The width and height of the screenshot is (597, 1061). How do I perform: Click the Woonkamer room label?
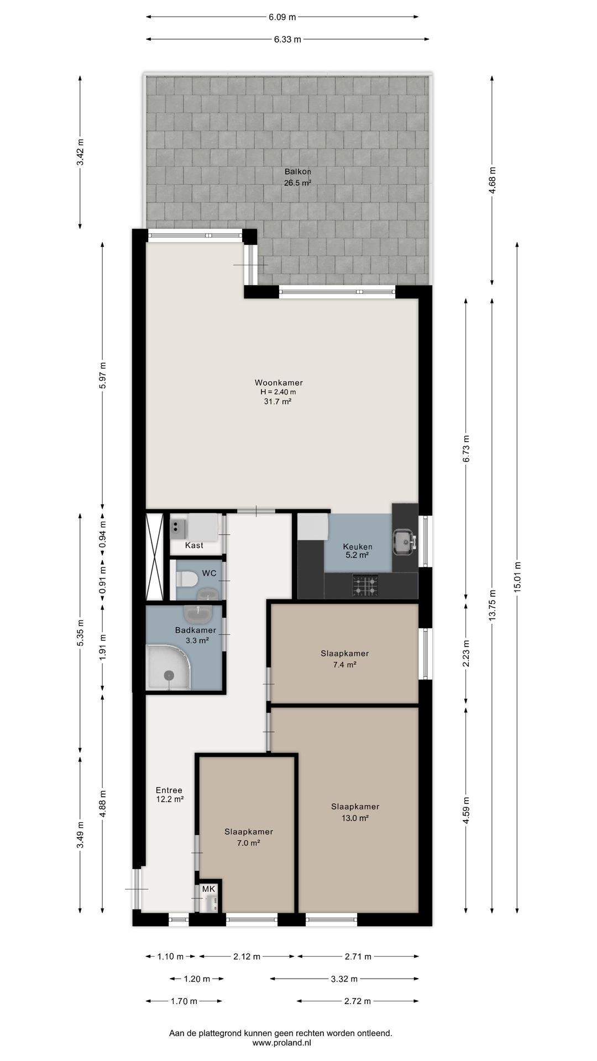(x=279, y=382)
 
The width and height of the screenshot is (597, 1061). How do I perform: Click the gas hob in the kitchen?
(x=366, y=586)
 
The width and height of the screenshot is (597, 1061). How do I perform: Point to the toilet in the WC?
(x=187, y=579)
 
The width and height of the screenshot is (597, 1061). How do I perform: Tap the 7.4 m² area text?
(x=344, y=665)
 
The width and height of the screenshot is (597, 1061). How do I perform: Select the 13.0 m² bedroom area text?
(x=355, y=818)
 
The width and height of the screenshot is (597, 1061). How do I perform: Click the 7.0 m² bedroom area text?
(x=249, y=843)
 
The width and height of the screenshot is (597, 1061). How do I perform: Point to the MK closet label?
(x=208, y=889)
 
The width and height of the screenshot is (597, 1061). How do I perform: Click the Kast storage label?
(x=194, y=545)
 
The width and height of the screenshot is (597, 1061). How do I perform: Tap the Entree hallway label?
(x=169, y=790)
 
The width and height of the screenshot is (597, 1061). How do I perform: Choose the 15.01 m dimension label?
(x=517, y=577)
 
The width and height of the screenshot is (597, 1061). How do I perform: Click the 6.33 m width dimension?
(x=287, y=39)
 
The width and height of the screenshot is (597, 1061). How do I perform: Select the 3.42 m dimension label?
(x=80, y=152)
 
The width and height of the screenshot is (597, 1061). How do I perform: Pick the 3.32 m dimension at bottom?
(x=344, y=979)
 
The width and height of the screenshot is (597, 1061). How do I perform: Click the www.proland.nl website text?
(x=281, y=1043)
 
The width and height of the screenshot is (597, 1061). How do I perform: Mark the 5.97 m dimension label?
(x=102, y=375)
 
